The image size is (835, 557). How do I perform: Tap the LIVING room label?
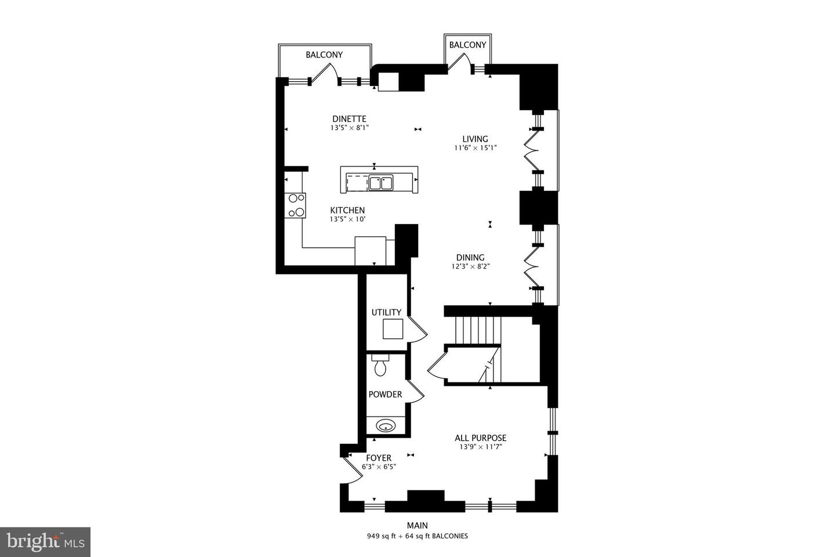[475, 139]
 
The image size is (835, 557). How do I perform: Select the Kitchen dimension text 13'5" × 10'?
[347, 219]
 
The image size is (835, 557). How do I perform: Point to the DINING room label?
[470, 258]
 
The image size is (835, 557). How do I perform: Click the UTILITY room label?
[386, 312]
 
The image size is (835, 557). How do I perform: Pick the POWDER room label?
[385, 395]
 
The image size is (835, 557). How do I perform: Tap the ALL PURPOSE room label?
[480, 438]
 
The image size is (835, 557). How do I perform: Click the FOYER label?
[378, 458]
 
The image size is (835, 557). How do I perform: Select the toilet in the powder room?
[380, 366]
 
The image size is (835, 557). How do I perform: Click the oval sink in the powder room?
[385, 426]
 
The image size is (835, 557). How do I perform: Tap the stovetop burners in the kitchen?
[296, 205]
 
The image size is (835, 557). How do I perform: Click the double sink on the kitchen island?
[380, 183]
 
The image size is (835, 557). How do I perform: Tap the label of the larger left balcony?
[324, 55]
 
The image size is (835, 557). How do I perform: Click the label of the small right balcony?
[467, 45]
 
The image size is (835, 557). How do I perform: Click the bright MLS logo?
[45, 542]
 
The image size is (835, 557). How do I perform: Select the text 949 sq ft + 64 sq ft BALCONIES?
[417, 536]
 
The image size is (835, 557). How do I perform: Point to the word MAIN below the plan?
[417, 526]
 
